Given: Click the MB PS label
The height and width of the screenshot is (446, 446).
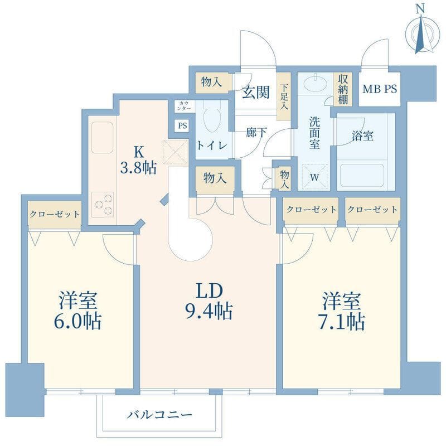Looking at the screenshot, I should tap(380, 89).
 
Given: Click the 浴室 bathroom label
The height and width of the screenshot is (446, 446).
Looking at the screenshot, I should tap(362, 135).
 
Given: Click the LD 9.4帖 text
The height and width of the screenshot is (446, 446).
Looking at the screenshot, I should tap(209, 301).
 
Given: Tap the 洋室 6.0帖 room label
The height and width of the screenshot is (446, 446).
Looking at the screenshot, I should tap(79, 311).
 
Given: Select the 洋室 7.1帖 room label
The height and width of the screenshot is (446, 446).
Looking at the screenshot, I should tap(342, 311).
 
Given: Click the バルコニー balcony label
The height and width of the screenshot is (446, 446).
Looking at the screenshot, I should tap(159, 415).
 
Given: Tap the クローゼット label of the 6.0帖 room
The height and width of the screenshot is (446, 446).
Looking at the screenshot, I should tap(54, 214).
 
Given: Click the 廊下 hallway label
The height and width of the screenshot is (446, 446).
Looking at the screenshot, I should tap(255, 133).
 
